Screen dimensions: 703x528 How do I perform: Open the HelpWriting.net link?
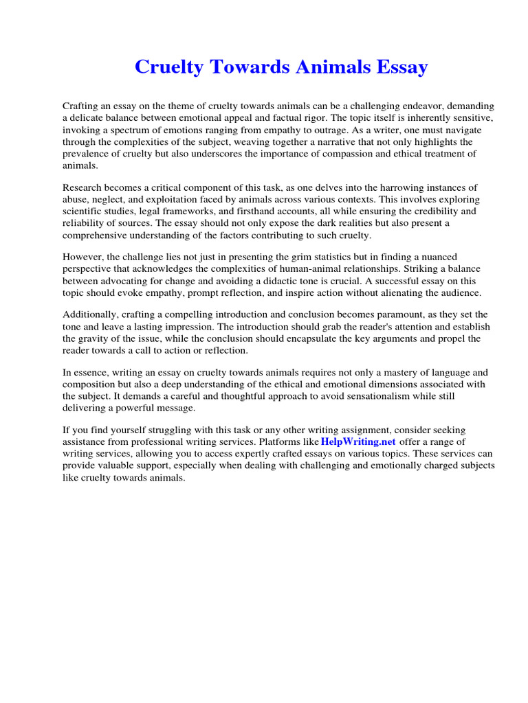coord(358,442)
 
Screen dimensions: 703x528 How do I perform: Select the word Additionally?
coord(90,314)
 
